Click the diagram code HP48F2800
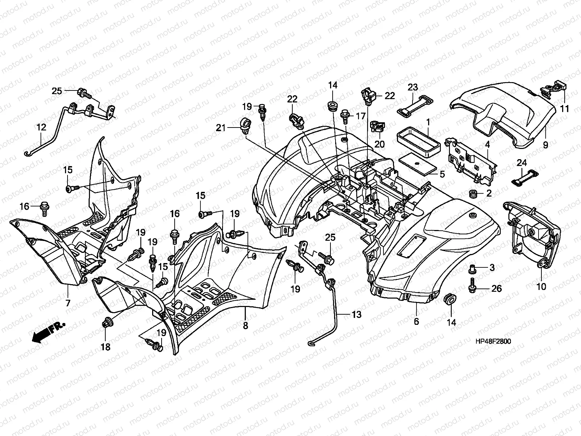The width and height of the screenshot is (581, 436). (x=493, y=341)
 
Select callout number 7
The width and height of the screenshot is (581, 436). (x=68, y=303)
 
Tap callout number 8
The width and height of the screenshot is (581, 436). (x=245, y=326)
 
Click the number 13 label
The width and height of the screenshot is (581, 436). (x=356, y=315)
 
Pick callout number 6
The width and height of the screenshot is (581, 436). (x=417, y=322)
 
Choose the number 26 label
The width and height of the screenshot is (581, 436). (x=496, y=288)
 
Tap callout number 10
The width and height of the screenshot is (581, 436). (x=541, y=286)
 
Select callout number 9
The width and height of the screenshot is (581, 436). (x=545, y=145)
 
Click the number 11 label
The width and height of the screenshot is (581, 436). (x=565, y=109)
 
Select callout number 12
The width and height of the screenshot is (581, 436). (x=41, y=127)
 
